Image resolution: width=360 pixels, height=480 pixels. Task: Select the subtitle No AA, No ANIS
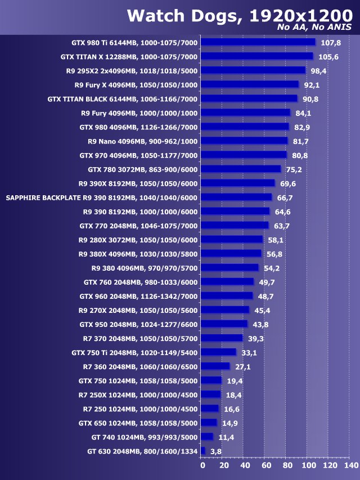click(314, 27)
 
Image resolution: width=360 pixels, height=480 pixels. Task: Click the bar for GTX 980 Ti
click(258, 42)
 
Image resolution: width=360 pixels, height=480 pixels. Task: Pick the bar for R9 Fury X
click(249, 84)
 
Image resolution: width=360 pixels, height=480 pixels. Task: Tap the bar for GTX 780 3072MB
click(240, 169)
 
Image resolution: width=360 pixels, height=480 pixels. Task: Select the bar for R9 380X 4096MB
click(231, 253)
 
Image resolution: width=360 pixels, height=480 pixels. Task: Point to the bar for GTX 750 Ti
click(218, 352)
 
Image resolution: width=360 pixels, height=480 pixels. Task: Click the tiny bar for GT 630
click(202, 451)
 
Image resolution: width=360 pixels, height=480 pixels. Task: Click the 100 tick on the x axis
click(308, 466)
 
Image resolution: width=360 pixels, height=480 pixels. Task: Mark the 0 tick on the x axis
click(202, 466)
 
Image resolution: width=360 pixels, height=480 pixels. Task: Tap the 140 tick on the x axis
click(351, 466)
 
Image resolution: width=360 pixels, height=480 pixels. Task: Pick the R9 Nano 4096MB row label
click(143, 141)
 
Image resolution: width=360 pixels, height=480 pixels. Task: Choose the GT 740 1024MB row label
click(145, 437)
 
